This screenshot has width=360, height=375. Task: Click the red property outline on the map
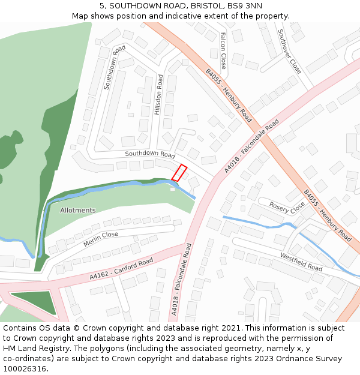click(x=179, y=173)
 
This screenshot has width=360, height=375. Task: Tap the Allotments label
click(x=77, y=211)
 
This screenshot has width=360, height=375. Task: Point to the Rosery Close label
click(x=287, y=208)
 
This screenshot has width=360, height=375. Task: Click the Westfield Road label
click(x=301, y=262)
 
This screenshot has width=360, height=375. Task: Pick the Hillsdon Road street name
click(x=158, y=95)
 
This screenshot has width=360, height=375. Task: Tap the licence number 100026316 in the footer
click(x=25, y=369)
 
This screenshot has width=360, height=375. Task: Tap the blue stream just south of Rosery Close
click(x=258, y=224)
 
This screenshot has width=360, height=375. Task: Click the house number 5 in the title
click(x=102, y=5)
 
